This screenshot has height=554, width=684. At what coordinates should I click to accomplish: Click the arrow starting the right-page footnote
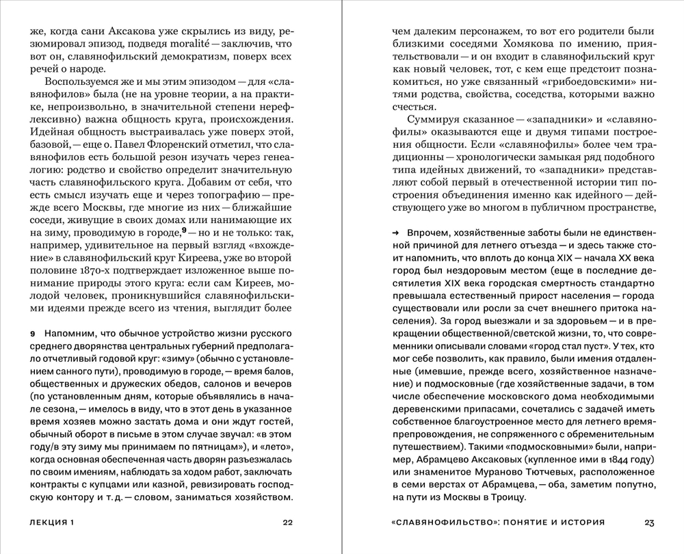point(395,233)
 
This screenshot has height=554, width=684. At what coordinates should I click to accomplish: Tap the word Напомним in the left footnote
point(67,333)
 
